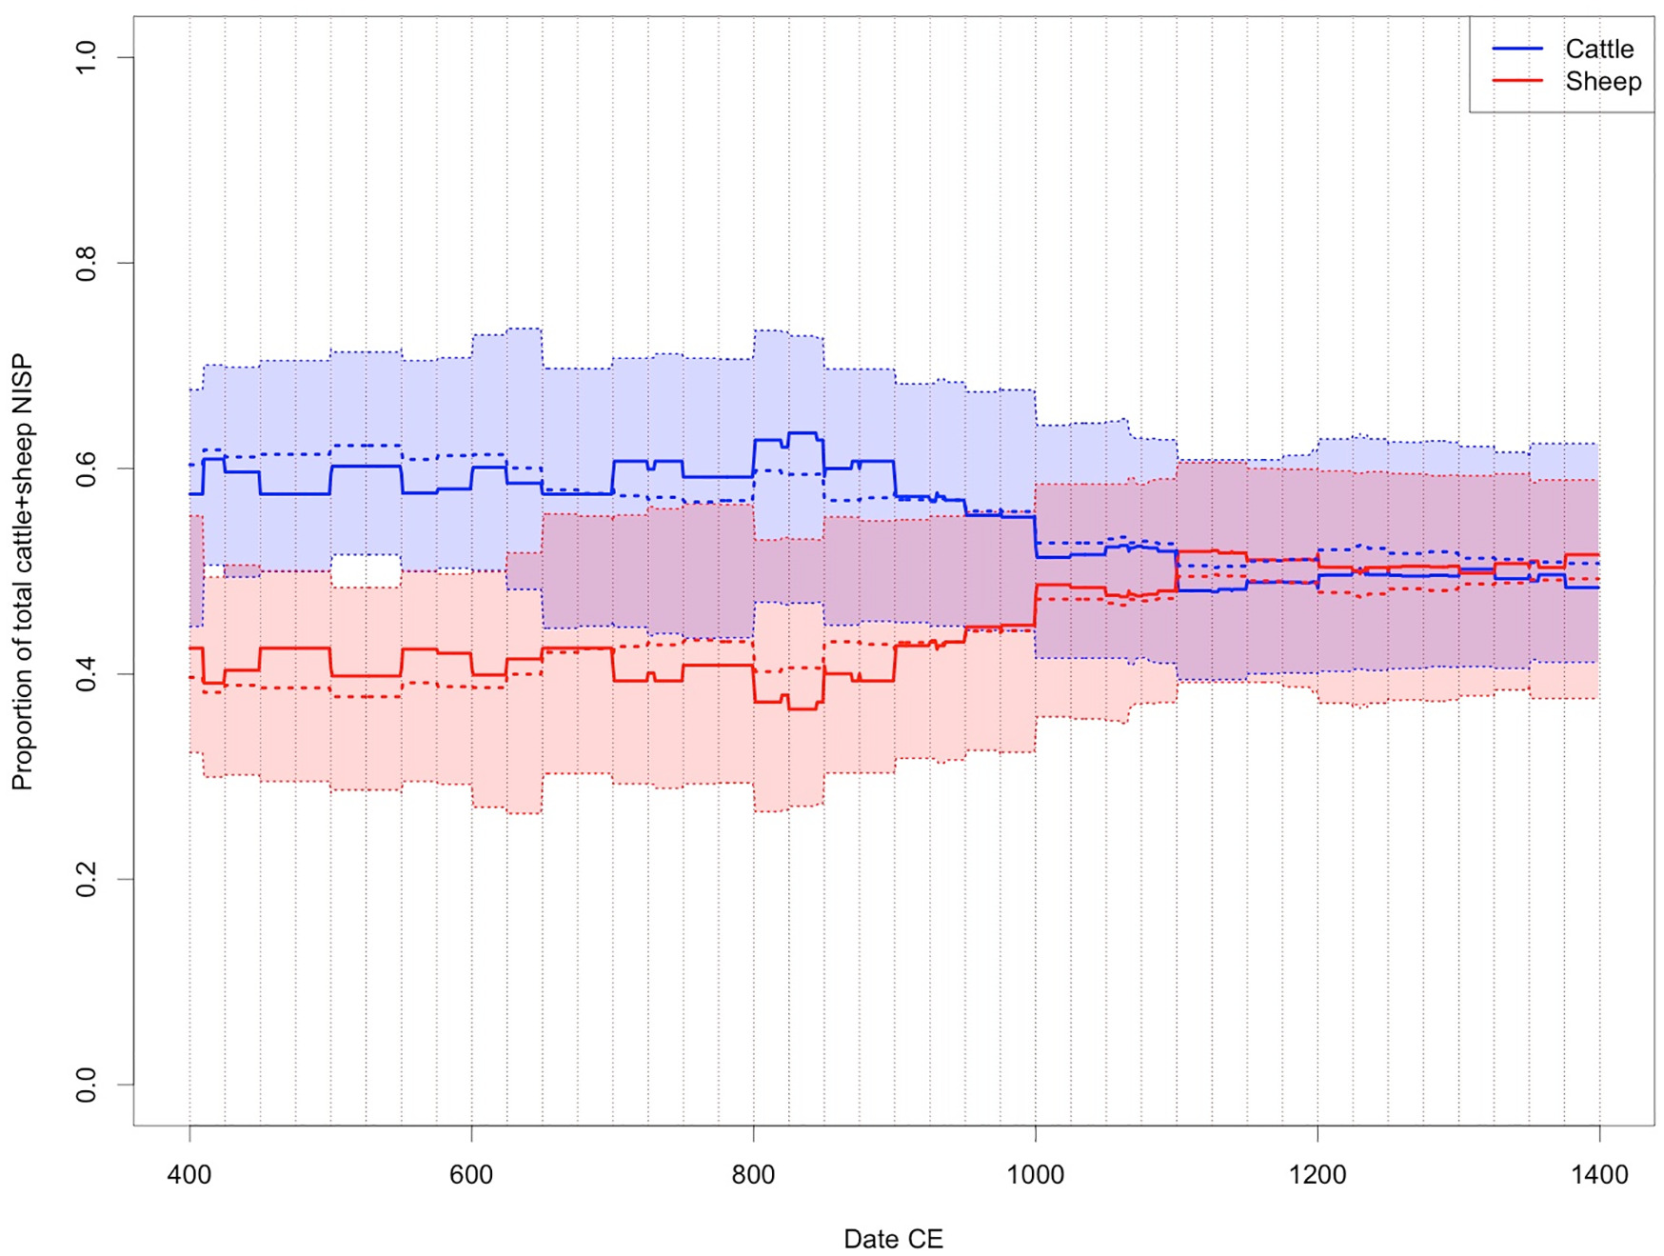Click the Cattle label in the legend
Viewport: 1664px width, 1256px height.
coord(1599,49)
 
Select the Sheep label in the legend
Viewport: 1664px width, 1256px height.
coord(1603,81)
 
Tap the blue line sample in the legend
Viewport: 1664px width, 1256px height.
coord(1517,49)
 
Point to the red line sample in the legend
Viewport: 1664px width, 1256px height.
coord(1517,81)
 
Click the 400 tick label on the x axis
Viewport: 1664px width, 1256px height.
coord(189,1175)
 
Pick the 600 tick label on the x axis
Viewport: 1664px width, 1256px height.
coord(471,1175)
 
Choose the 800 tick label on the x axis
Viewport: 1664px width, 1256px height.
coord(753,1175)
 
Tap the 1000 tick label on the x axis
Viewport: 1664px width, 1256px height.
coord(1036,1175)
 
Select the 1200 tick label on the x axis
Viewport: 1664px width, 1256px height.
coord(1317,1175)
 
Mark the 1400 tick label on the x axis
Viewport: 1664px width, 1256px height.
coord(1599,1175)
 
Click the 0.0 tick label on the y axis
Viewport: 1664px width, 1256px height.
coord(86,1085)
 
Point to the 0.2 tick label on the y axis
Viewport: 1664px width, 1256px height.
coord(86,879)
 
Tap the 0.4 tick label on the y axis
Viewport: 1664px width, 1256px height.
coord(86,674)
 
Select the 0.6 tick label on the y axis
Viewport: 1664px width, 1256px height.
coord(86,469)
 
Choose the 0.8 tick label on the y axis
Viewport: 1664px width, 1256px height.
coord(86,263)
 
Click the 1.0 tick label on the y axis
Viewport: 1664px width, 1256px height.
coord(86,57)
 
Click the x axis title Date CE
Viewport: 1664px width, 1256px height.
coord(893,1239)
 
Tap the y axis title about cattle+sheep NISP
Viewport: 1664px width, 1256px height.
coord(22,572)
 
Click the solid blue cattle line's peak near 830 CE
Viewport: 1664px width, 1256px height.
coord(802,433)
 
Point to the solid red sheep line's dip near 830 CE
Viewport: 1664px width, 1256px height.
coord(802,708)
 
